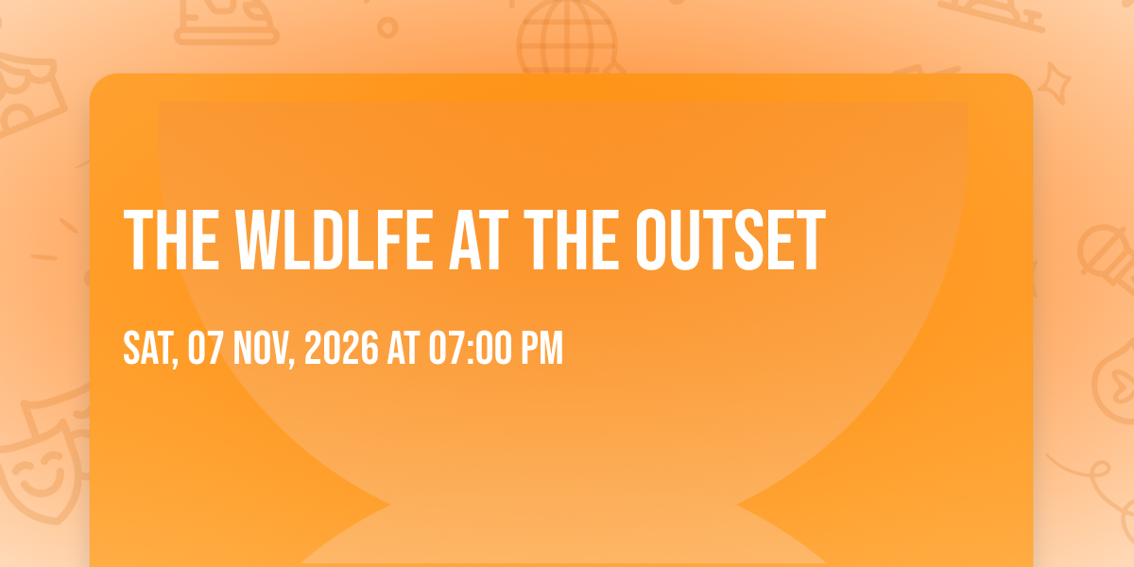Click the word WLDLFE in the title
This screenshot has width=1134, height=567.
click(x=335, y=240)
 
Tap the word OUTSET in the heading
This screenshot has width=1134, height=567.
click(x=730, y=240)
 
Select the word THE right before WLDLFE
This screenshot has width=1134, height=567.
click(x=172, y=240)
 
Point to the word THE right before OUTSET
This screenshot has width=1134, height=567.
click(x=572, y=240)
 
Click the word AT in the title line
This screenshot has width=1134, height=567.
click(x=478, y=240)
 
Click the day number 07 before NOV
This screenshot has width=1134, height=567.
click(x=205, y=348)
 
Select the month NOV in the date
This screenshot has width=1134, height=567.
click(x=260, y=348)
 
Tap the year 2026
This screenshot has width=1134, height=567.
click(x=341, y=348)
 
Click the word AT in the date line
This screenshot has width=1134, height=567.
click(x=404, y=348)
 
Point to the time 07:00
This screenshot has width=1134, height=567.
click(x=471, y=348)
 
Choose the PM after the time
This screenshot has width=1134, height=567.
click(x=542, y=348)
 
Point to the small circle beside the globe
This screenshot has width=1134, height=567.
click(x=387, y=27)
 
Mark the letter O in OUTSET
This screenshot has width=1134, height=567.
click(x=651, y=240)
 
